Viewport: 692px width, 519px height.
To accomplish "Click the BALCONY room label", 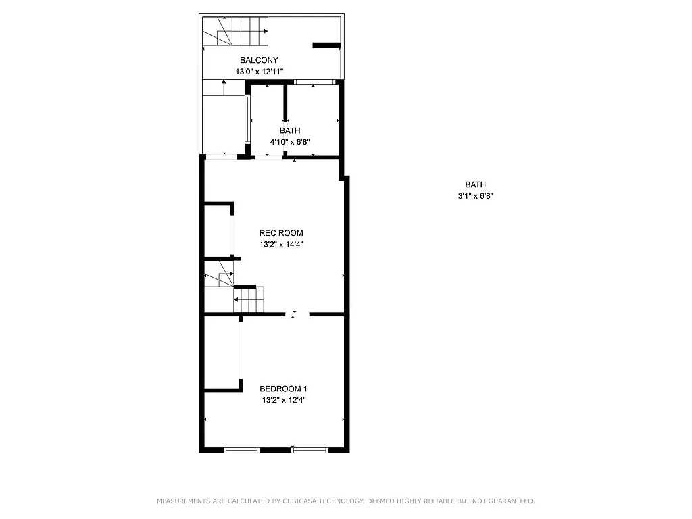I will [x=259, y=60].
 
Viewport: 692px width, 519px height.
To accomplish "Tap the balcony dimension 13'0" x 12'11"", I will [x=259, y=71].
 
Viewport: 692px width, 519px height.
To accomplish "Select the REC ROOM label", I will [x=281, y=233].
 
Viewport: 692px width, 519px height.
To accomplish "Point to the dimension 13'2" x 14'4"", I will [x=281, y=245].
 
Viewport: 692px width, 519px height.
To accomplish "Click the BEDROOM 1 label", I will [x=284, y=389].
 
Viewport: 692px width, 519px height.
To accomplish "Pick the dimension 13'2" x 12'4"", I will [x=284, y=400].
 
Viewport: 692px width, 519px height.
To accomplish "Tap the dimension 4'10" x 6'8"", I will [x=290, y=142].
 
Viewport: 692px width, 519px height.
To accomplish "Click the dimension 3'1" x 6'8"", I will [x=475, y=196].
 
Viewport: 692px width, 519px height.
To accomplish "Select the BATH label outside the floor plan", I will [x=475, y=184].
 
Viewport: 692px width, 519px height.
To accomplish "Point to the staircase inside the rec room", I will [x=247, y=299].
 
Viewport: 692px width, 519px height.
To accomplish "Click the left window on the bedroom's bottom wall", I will [x=241, y=449].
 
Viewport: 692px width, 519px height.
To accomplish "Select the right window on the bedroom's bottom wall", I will [x=310, y=449].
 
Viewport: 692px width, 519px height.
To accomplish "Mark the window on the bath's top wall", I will [x=314, y=82].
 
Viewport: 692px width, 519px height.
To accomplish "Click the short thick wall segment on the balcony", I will [x=326, y=45].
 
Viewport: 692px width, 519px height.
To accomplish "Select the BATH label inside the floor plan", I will [x=290, y=130].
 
